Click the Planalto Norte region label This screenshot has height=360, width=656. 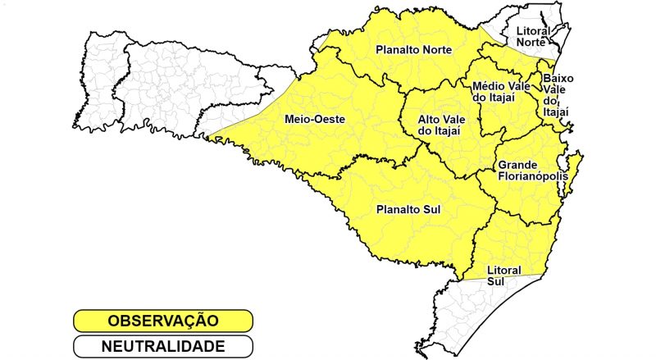coord(414,50)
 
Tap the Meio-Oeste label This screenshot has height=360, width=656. coord(314,120)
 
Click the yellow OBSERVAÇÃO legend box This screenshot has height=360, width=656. coord(162,321)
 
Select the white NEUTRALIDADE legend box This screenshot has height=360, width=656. coord(162,346)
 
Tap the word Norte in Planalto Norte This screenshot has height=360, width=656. coord(444,50)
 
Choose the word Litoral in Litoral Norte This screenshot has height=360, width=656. coord(533,30)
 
